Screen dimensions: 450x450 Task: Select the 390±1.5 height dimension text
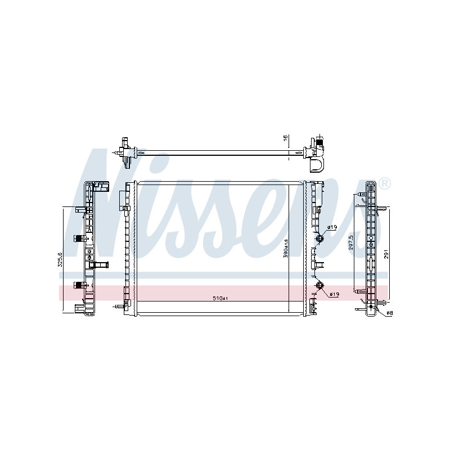[x=286, y=248]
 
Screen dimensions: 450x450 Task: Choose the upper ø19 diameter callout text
[x=332, y=227]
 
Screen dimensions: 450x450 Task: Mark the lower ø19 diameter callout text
[x=334, y=294]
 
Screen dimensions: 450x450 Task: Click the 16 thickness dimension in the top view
[x=285, y=138]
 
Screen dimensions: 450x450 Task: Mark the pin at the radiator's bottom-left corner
[x=117, y=307]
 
